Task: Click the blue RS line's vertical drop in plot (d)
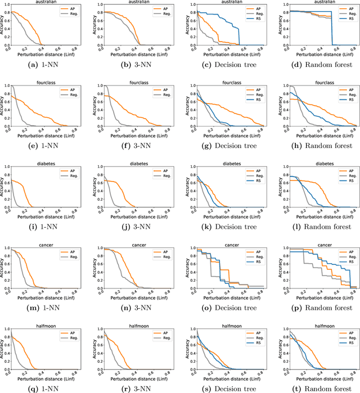331,28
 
